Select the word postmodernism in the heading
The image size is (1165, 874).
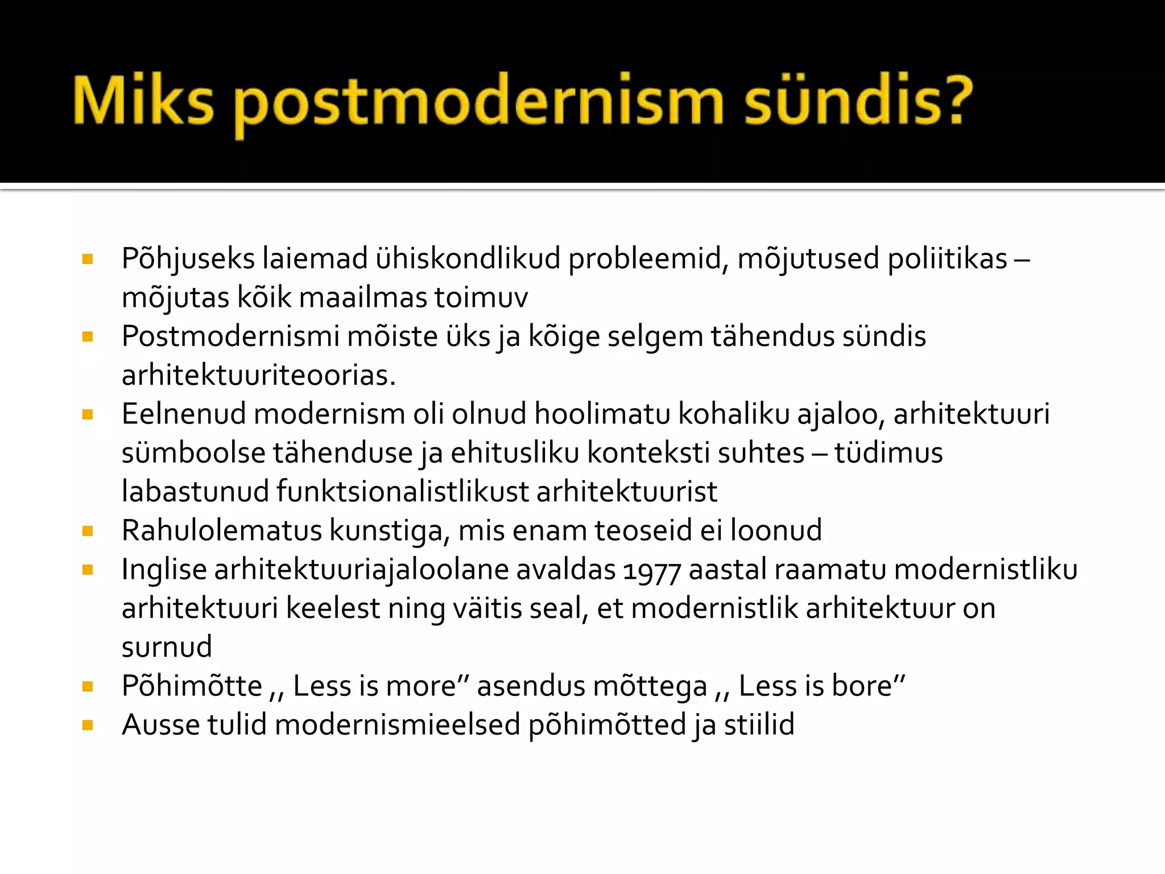tap(478, 102)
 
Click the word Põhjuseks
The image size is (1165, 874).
tap(188, 259)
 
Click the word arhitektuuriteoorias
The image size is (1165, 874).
tap(258, 376)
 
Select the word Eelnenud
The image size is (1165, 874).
tap(183, 414)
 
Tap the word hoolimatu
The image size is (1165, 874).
tap(602, 414)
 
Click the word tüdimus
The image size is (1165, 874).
tap(889, 453)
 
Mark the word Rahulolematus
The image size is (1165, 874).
tap(222, 531)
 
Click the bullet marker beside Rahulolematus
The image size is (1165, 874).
tap(88, 531)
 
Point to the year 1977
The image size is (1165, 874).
tap(652, 571)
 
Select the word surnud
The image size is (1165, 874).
tap(167, 648)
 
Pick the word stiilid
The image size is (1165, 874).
tap(759, 725)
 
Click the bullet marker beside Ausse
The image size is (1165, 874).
tap(88, 725)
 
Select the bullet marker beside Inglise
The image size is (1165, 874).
tap(88, 570)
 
